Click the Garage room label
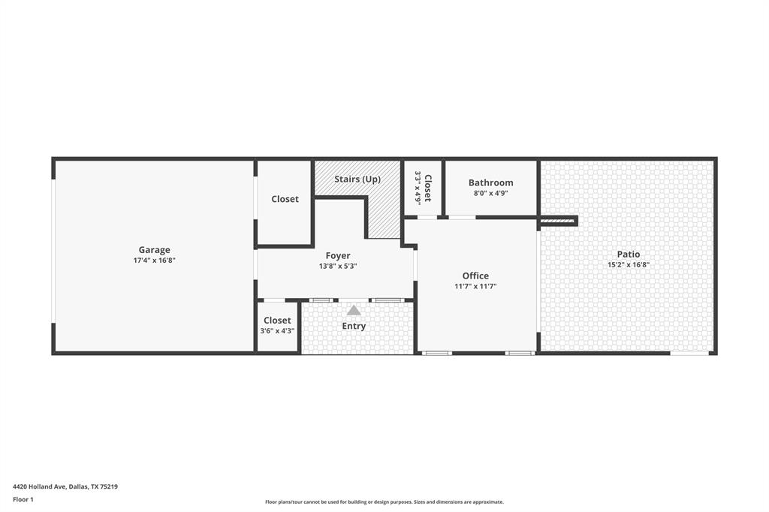pyautogui.click(x=154, y=250)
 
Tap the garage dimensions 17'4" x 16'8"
pyautogui.click(x=154, y=261)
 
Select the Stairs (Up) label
pyautogui.click(x=357, y=179)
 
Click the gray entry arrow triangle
pyautogui.click(x=354, y=310)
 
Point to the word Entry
pyautogui.click(x=354, y=326)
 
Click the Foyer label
pyautogui.click(x=338, y=256)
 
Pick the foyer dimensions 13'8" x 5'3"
pyautogui.click(x=338, y=266)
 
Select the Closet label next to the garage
pyautogui.click(x=285, y=199)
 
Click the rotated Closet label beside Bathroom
pyautogui.click(x=428, y=188)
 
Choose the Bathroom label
pyautogui.click(x=490, y=182)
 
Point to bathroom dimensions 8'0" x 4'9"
pyautogui.click(x=490, y=193)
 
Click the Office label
pyautogui.click(x=475, y=276)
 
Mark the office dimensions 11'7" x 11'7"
pyautogui.click(x=475, y=286)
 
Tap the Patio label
pyautogui.click(x=629, y=254)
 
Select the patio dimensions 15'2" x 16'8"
pyautogui.click(x=629, y=264)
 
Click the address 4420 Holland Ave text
pyautogui.click(x=65, y=486)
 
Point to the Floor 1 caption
pyautogui.click(x=23, y=499)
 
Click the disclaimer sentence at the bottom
pyautogui.click(x=384, y=501)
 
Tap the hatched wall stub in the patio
pyautogui.click(x=557, y=221)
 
